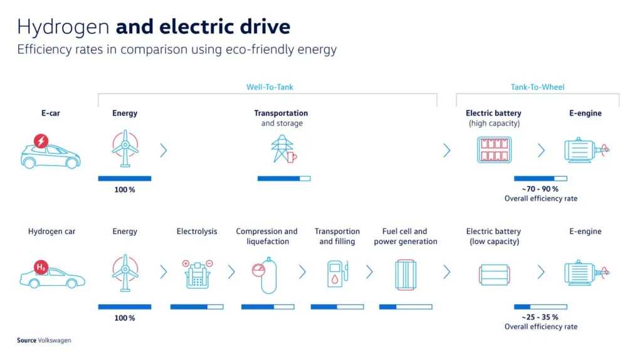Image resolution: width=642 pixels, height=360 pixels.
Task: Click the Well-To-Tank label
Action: click(x=270, y=87)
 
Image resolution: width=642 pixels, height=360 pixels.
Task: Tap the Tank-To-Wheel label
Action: click(x=537, y=87)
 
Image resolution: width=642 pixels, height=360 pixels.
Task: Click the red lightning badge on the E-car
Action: click(x=41, y=141)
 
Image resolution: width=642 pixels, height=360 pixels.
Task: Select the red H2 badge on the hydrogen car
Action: click(x=41, y=267)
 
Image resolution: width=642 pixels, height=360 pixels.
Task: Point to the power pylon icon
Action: click(x=283, y=149)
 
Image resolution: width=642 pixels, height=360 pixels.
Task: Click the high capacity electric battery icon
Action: click(x=494, y=150)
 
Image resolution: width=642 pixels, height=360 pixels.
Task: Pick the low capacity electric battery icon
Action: click(x=494, y=275)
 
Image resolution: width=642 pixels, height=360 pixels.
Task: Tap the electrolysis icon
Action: click(x=197, y=274)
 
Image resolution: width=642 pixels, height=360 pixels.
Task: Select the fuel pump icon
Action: click(x=337, y=273)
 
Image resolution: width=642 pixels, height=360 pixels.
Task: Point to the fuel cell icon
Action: click(x=406, y=275)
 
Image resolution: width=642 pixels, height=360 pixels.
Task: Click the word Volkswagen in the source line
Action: click(x=55, y=341)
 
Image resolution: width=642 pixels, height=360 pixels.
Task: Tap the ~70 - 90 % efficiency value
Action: click(x=540, y=189)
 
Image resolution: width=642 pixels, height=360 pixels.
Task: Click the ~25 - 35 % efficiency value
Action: click(x=540, y=317)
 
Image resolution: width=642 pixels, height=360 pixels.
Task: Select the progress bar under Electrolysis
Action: click(x=197, y=307)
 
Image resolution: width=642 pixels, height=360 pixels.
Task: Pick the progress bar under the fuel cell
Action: click(x=406, y=307)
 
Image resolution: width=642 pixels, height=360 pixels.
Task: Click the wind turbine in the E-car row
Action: click(x=125, y=148)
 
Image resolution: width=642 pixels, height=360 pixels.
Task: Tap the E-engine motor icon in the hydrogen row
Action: click(x=587, y=272)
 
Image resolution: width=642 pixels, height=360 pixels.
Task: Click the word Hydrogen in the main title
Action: click(x=63, y=27)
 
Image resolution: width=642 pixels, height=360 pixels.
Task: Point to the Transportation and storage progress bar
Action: click(x=284, y=179)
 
